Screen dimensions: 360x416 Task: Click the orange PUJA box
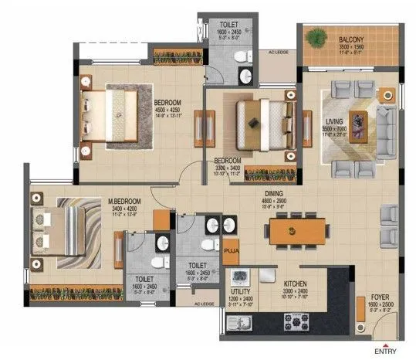tap(231, 250)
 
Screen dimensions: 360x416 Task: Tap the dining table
tap(291, 231)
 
